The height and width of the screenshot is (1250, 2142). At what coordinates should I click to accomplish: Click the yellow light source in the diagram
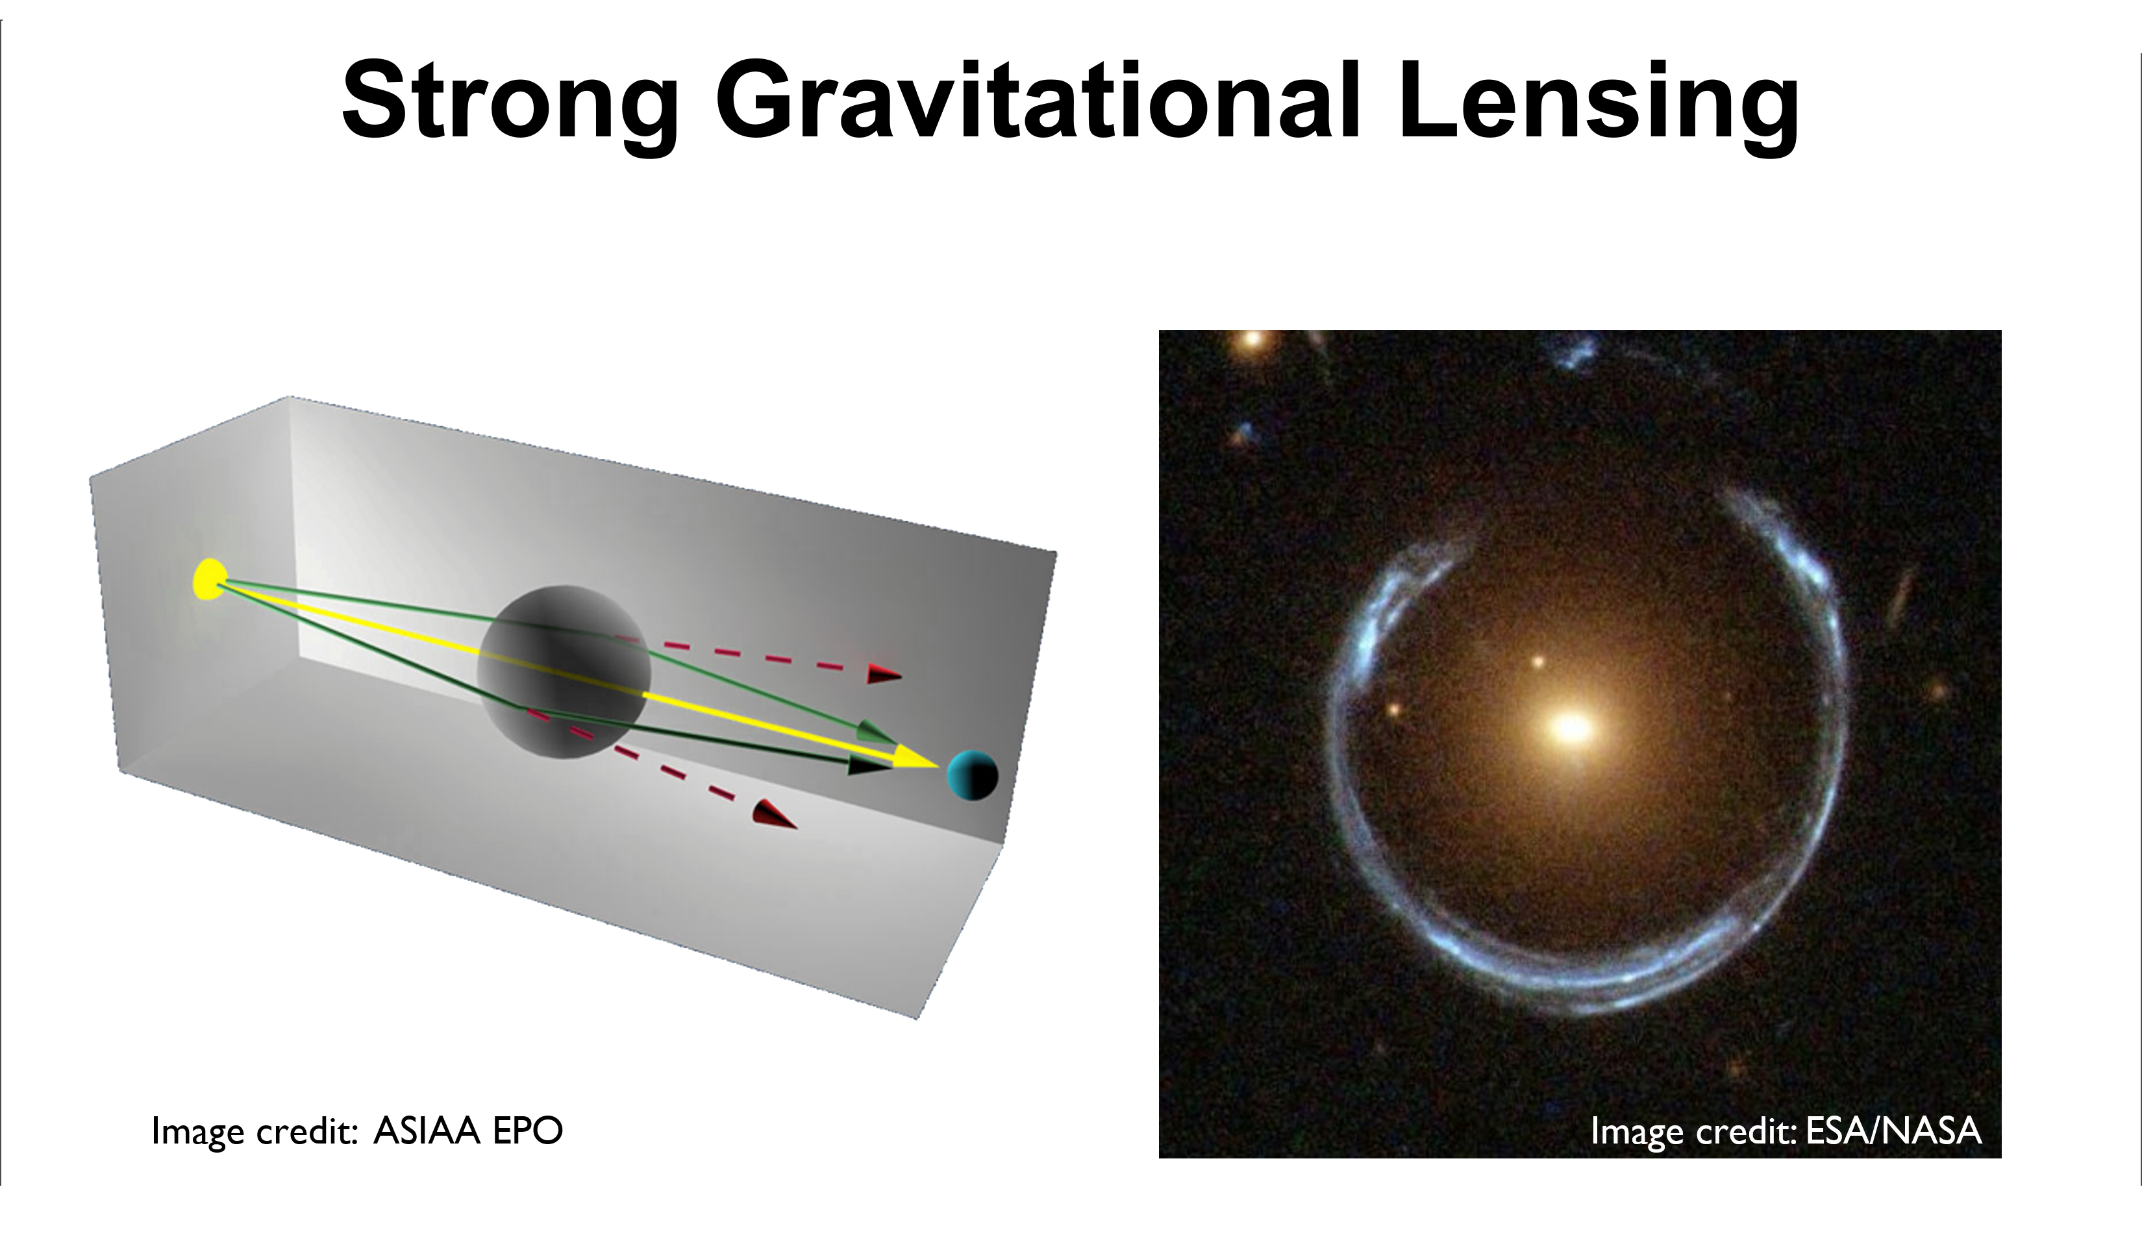209,579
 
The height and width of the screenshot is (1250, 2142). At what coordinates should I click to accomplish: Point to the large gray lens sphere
564,672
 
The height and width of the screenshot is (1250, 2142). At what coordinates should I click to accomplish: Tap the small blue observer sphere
973,775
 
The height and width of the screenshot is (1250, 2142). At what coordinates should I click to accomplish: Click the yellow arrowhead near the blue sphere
915,756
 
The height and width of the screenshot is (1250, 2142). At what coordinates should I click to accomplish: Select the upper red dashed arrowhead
884,675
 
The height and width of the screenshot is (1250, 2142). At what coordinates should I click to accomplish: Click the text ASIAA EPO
468,1131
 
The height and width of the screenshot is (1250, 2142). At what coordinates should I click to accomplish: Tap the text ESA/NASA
1893,1131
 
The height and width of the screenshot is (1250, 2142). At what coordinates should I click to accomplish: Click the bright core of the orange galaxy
1572,728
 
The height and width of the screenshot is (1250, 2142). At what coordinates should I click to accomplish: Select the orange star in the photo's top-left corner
1251,340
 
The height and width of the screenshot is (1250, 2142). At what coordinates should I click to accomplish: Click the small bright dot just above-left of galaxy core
1538,662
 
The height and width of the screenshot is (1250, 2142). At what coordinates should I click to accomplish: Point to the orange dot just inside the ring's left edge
1394,708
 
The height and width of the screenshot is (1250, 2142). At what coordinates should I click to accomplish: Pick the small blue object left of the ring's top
1246,433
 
